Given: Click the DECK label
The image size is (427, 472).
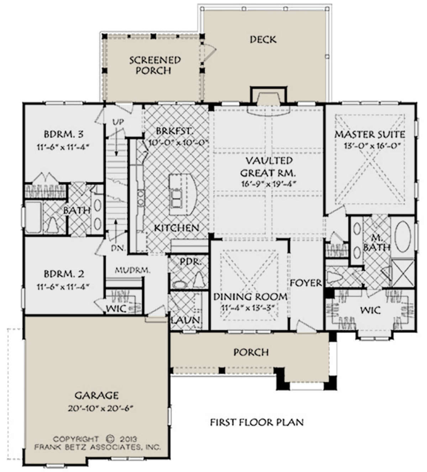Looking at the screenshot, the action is coord(263,40).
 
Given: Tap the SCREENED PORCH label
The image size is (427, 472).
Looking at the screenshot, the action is coord(155,65).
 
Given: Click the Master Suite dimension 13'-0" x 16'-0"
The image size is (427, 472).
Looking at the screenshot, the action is coord(372,146).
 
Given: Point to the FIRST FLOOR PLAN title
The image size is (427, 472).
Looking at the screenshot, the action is coord(257,422).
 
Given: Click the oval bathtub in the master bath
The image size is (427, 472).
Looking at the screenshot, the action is coord(403,237).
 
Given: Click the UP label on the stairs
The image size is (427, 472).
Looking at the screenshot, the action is coord(118,122).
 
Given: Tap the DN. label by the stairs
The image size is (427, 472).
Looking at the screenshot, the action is coord(119,248).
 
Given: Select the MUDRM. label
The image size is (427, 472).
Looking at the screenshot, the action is coord(132,271).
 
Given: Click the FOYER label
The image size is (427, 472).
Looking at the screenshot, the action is coord(306,283).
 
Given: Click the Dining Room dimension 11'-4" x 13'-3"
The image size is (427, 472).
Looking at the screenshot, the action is coord(248,307).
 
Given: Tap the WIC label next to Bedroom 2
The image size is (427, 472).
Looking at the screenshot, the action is coord(116,308).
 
